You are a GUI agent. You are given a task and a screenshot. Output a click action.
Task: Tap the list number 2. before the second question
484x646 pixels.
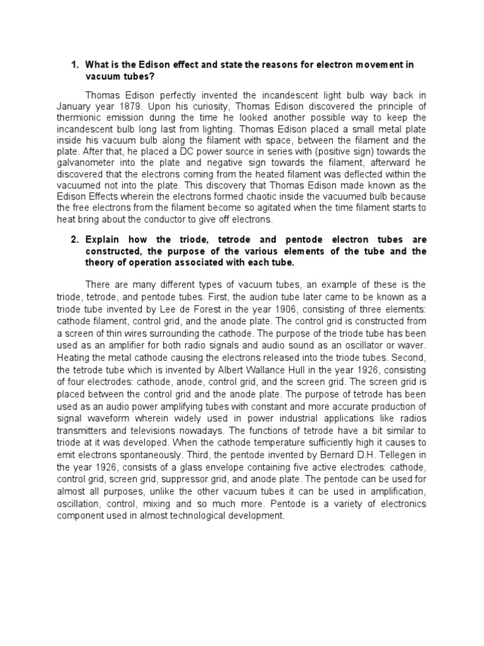point(74,240)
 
